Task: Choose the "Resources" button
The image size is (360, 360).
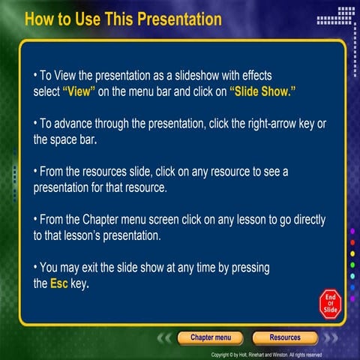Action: [x=284, y=337]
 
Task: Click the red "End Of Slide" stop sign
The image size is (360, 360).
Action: [x=330, y=301]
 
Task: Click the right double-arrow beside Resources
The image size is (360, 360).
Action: [x=328, y=338]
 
